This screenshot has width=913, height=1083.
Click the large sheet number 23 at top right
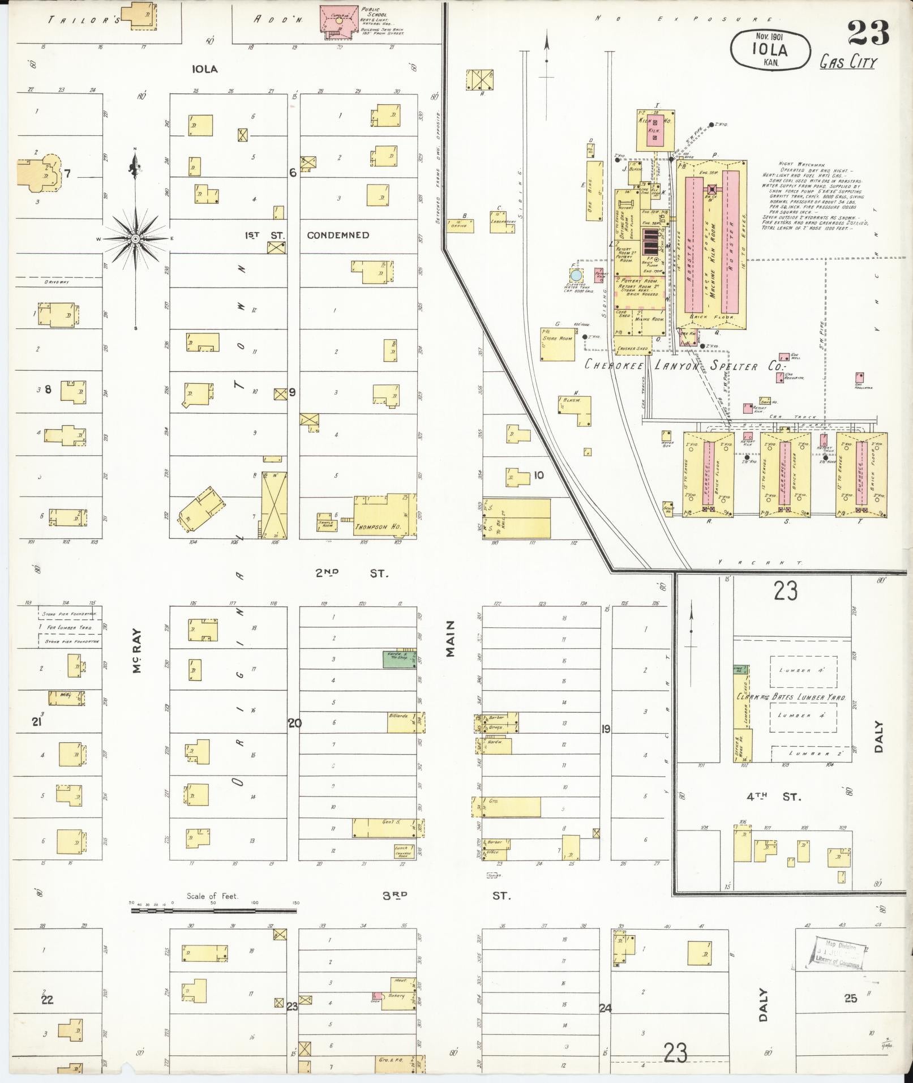click(868, 33)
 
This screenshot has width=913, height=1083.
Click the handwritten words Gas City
click(847, 62)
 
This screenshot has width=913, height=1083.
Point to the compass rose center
click(135, 239)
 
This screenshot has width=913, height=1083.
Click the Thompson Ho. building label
click(378, 526)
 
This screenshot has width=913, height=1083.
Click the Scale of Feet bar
click(213, 911)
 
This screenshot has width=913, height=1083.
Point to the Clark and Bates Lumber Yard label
click(791, 698)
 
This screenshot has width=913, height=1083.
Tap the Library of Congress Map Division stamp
click(838, 953)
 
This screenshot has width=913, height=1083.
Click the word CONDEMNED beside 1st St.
click(338, 235)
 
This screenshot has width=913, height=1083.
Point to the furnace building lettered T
click(861, 474)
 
